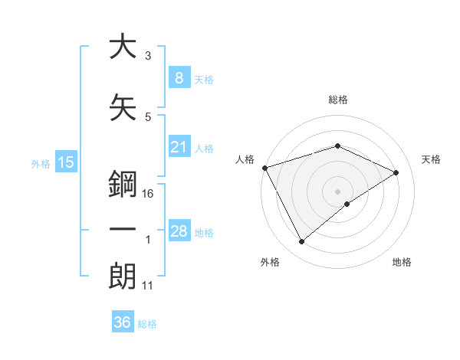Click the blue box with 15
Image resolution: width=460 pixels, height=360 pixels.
pos(66,162)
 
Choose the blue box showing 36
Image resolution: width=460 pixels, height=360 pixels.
pos(123,322)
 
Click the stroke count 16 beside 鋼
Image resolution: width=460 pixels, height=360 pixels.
pos(149,194)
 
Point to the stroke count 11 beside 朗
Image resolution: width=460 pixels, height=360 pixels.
pos(149,286)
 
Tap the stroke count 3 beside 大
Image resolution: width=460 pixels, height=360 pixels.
pos(147,56)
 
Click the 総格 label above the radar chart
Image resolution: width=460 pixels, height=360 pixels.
pos(337,100)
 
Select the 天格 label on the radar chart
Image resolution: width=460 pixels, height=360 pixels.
pos(432,159)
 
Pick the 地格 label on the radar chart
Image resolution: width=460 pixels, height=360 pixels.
pos(402,262)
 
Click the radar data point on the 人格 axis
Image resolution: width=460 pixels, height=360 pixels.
pos(264,168)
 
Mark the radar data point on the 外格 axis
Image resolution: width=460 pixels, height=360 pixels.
pos(301,242)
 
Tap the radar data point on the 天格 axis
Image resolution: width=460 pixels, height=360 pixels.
pos(396,172)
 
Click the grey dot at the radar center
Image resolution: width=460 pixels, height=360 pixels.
pos(337,191)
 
